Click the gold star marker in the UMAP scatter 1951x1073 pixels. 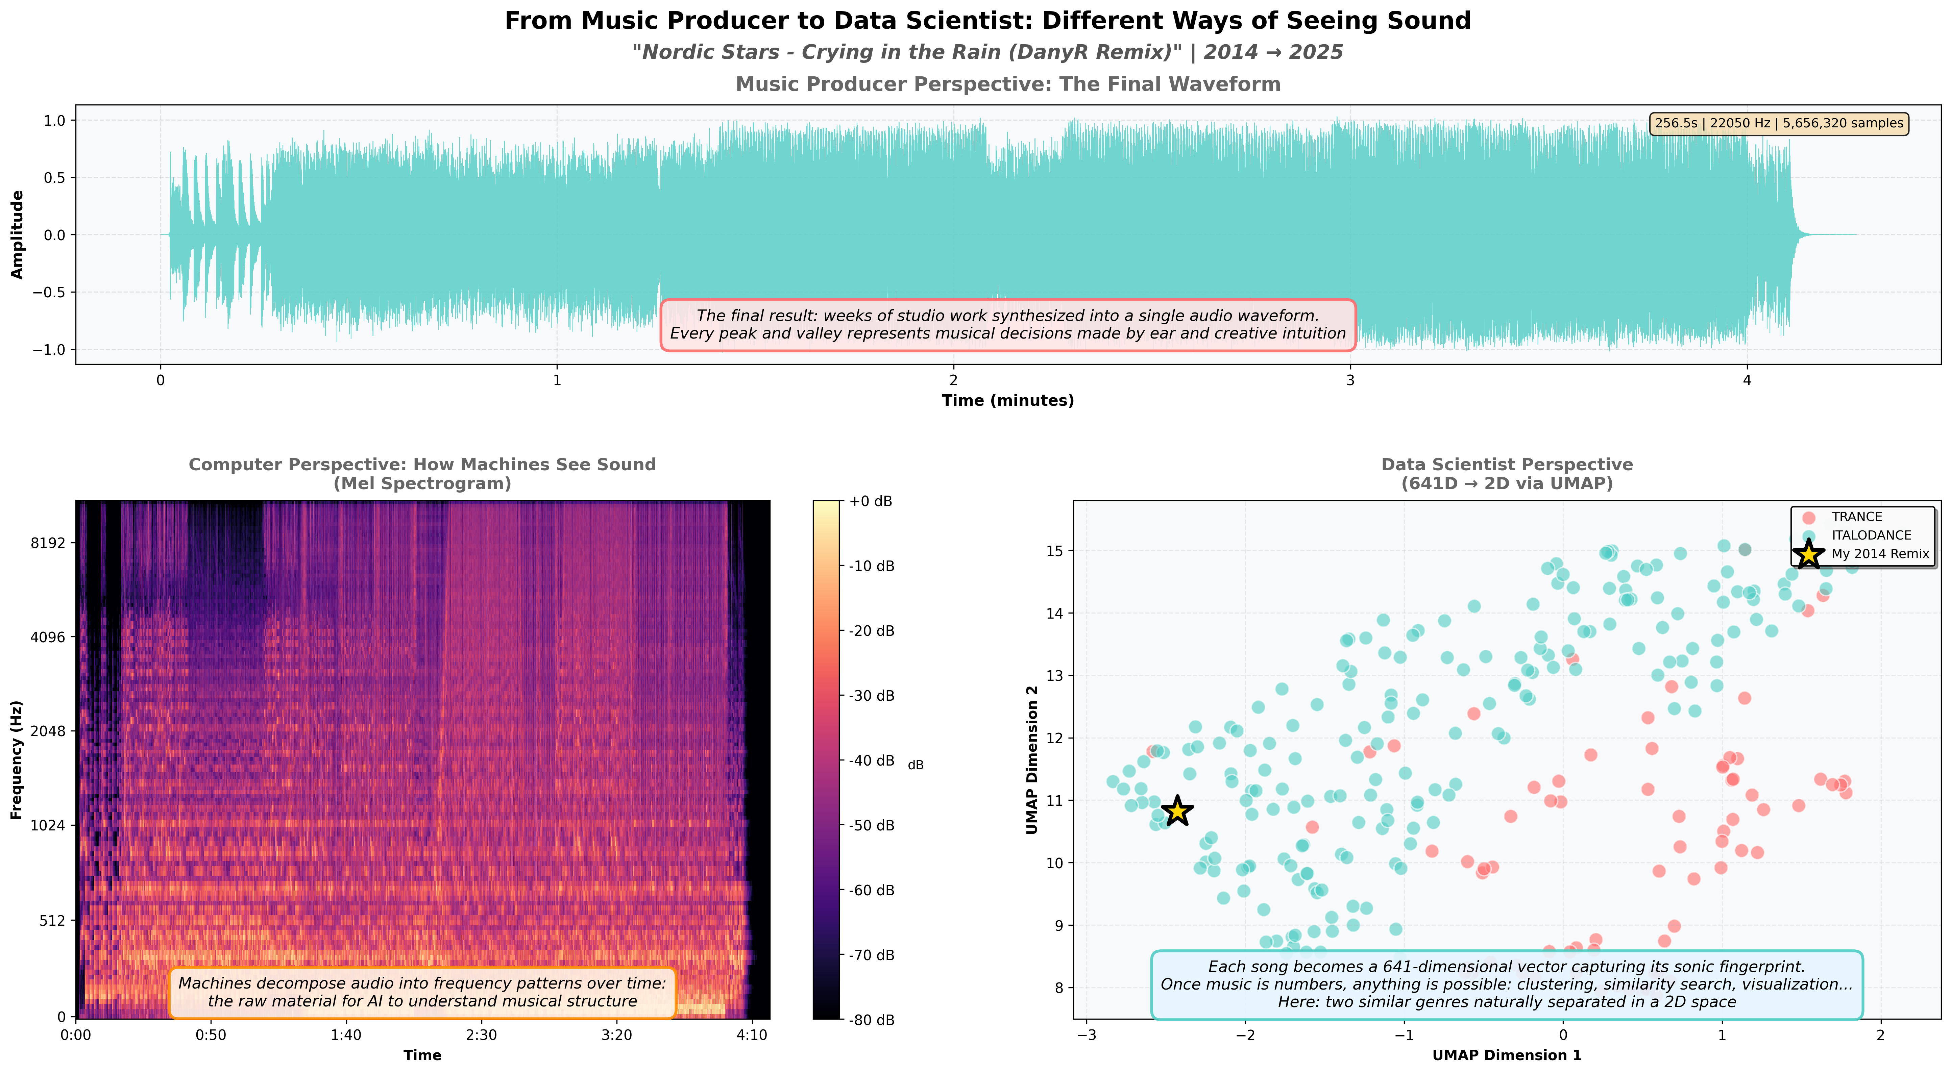click(1177, 811)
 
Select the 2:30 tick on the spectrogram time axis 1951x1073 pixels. click(481, 1035)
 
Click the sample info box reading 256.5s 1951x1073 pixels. click(1778, 123)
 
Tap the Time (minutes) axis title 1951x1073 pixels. click(1007, 401)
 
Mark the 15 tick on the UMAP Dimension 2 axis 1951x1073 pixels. click(1054, 550)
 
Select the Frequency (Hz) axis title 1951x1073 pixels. click(17, 759)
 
